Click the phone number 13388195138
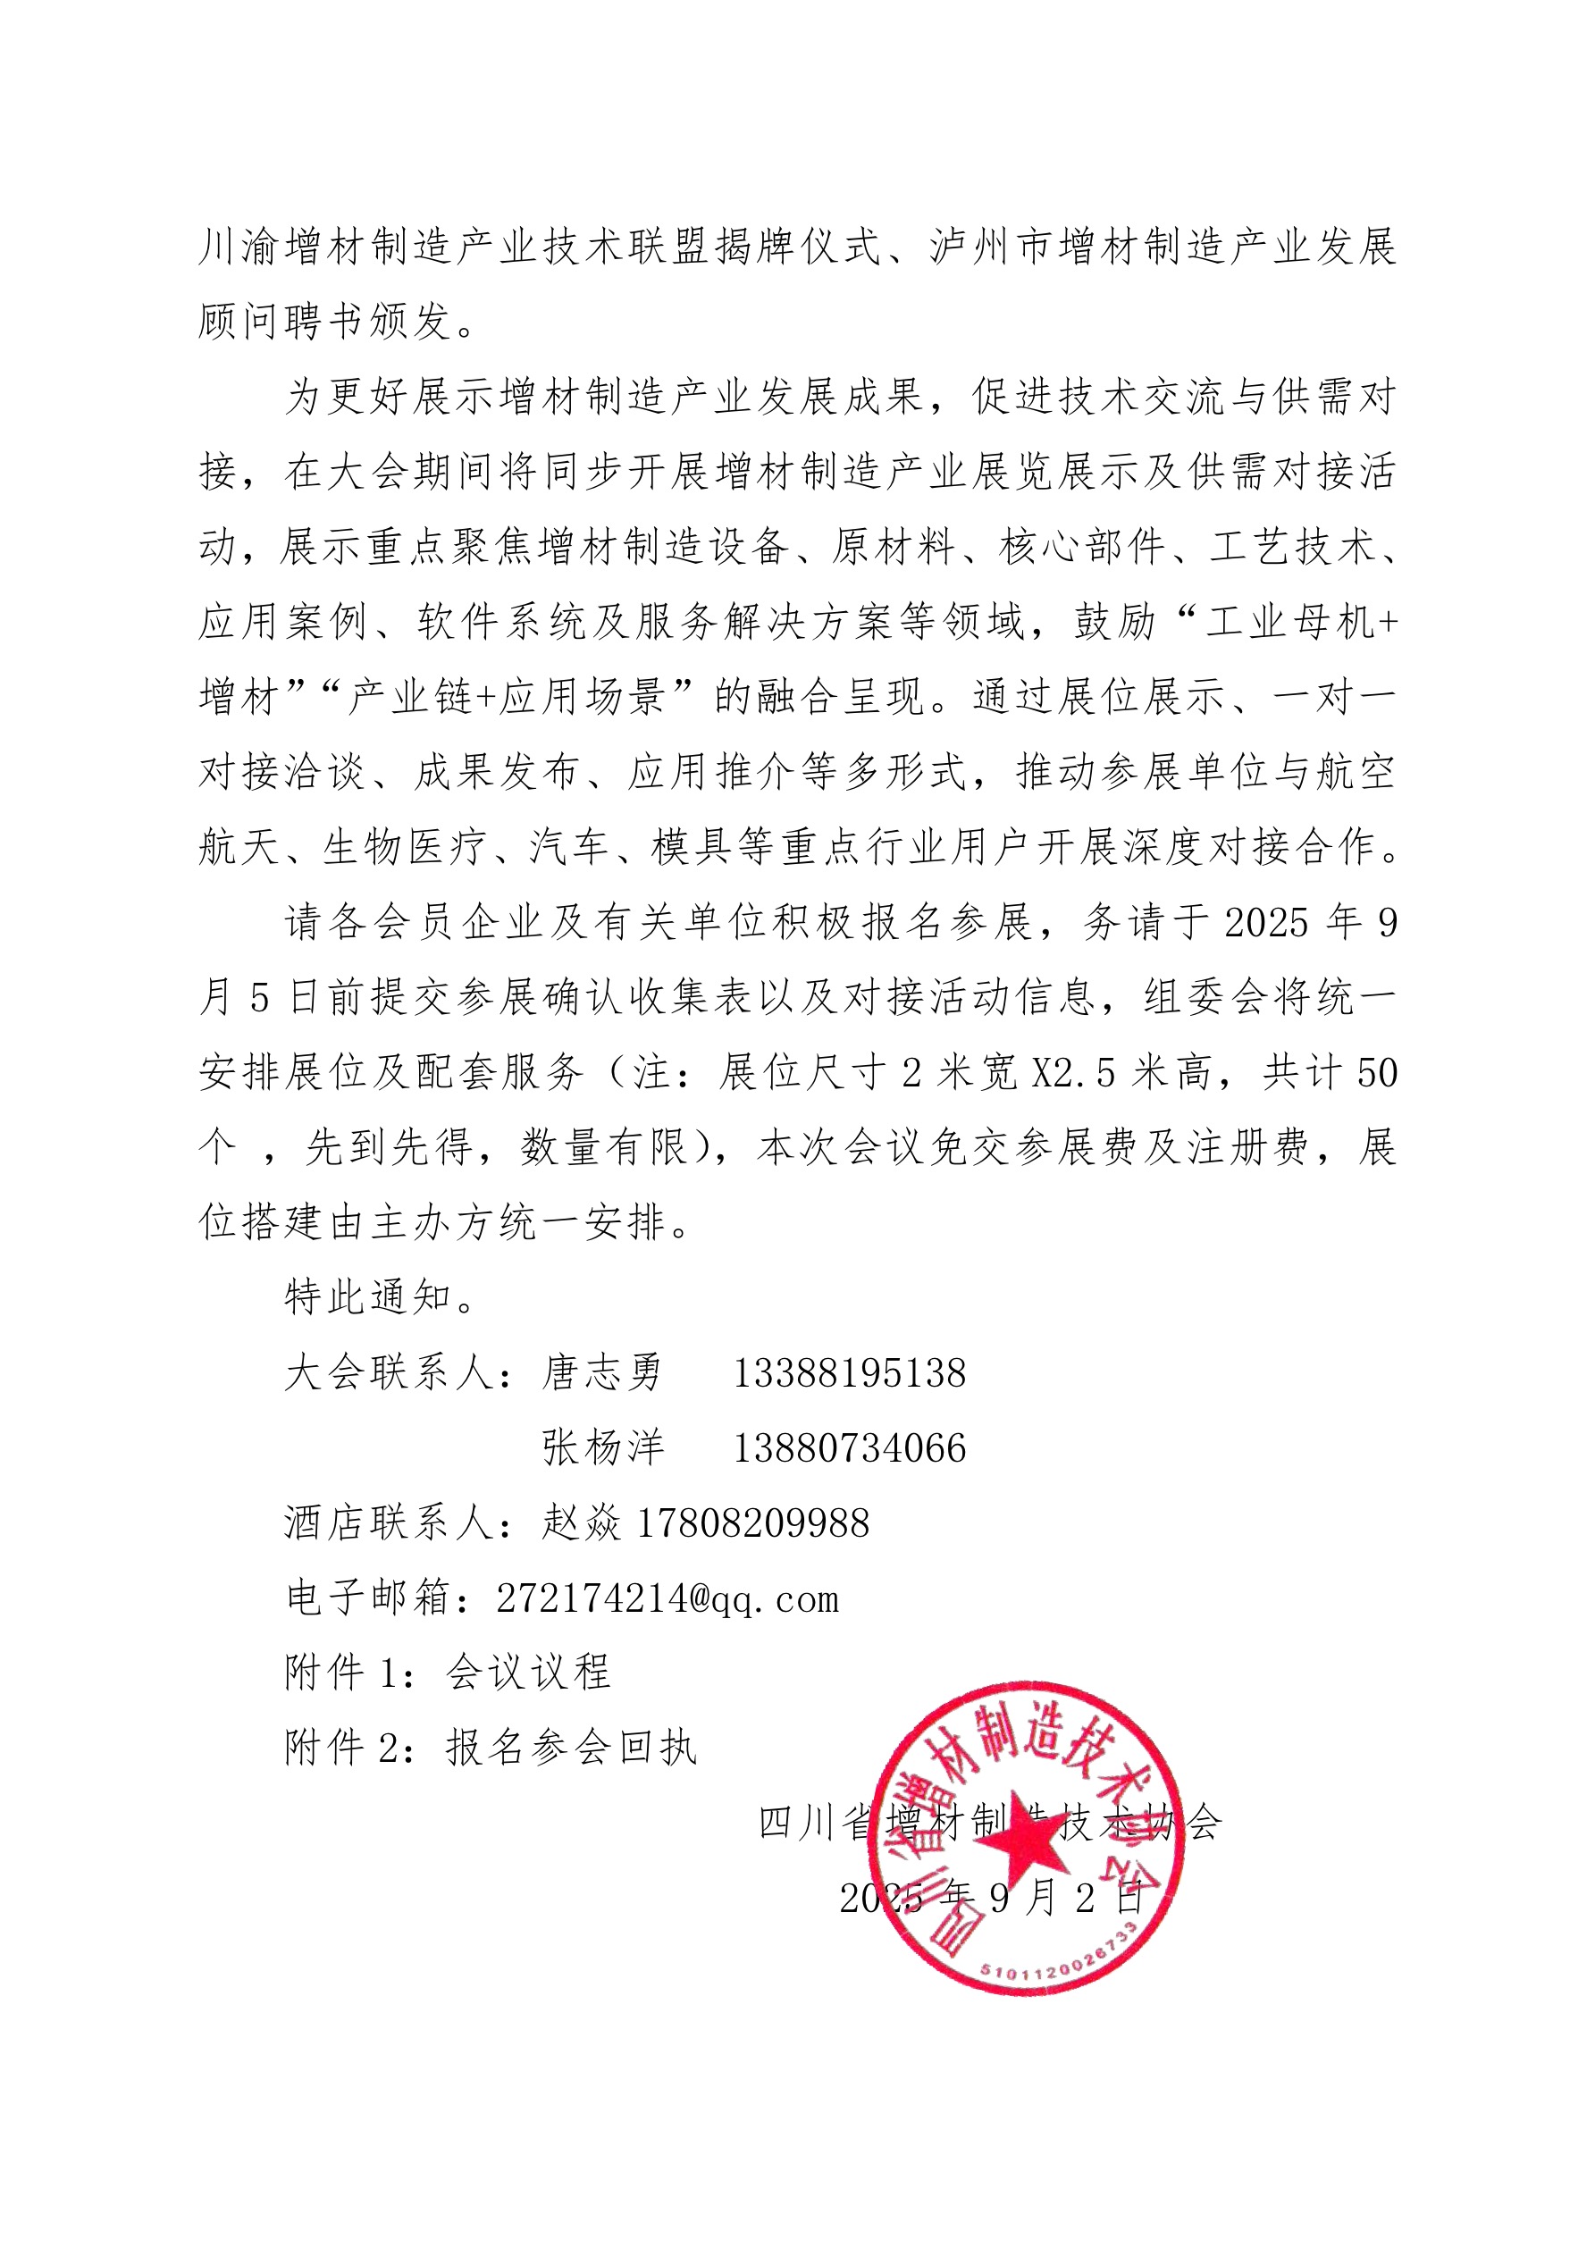click(x=849, y=1373)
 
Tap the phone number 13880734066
click(x=849, y=1448)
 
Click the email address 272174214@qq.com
click(x=667, y=1598)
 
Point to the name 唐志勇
click(x=602, y=1373)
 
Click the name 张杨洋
click(x=602, y=1448)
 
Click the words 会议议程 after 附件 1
click(x=529, y=1673)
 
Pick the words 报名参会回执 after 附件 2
click(x=571, y=1748)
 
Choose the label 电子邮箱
click(x=367, y=1598)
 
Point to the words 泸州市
click(x=992, y=247)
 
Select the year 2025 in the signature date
click(x=880, y=1900)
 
